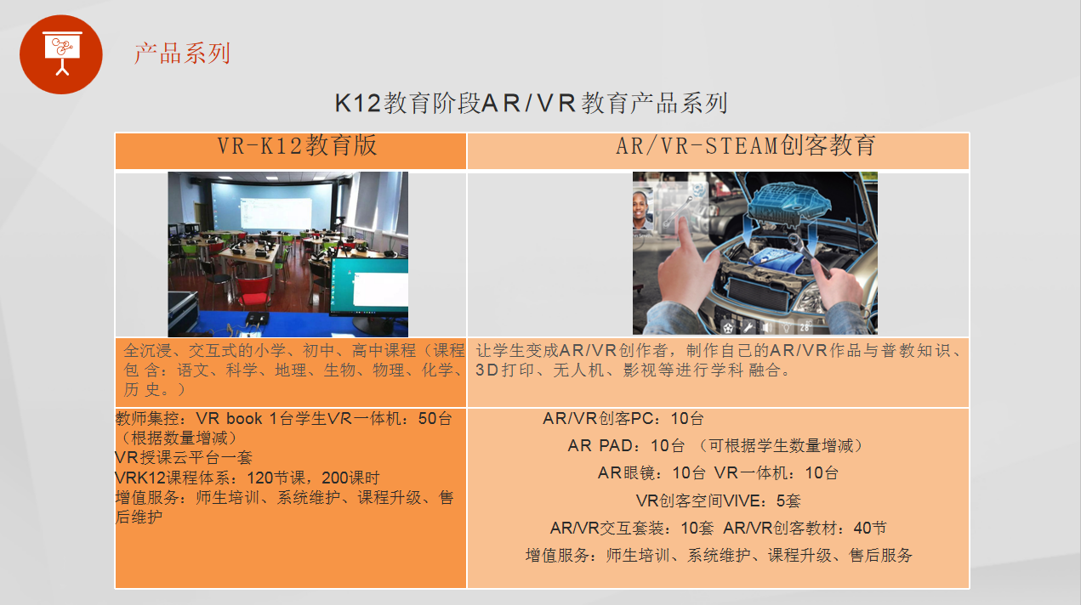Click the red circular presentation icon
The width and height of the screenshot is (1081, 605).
click(60, 54)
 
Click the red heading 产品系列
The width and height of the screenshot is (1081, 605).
click(182, 53)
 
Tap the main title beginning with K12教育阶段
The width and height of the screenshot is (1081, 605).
click(531, 103)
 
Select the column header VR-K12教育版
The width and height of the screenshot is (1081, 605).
click(296, 145)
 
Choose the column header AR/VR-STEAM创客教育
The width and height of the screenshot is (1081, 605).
click(745, 145)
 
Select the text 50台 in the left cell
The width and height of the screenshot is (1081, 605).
click(435, 418)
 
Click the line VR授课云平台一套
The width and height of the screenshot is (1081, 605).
click(184, 457)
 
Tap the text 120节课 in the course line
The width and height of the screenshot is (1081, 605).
click(276, 478)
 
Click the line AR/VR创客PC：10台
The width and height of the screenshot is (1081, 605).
click(623, 418)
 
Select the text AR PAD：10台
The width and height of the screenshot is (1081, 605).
click(626, 445)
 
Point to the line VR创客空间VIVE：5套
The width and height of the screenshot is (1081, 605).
click(718, 500)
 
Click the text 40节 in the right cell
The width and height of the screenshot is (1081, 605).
click(870, 528)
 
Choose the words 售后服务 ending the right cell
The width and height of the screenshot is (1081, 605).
click(881, 556)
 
